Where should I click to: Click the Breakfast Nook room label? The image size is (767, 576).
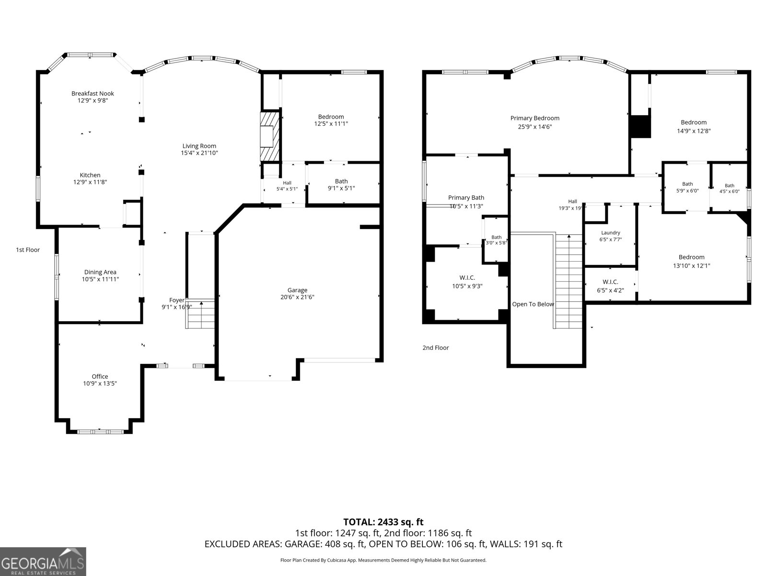(x=93, y=94)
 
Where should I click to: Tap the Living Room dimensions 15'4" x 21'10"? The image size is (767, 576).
(x=199, y=153)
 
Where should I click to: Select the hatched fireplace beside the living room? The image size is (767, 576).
(x=270, y=136)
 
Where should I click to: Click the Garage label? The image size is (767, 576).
(x=297, y=290)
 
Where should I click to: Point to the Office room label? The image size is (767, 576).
(x=100, y=376)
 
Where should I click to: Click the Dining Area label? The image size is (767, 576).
(x=100, y=272)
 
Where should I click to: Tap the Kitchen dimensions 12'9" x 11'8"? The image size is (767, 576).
(x=90, y=182)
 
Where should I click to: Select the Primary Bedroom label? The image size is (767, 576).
(x=535, y=118)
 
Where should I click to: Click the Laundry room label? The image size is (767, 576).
(x=610, y=233)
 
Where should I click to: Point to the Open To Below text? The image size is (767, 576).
(x=533, y=304)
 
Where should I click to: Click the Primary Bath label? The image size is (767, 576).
(x=466, y=198)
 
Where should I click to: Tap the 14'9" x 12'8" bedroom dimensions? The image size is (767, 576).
(x=694, y=131)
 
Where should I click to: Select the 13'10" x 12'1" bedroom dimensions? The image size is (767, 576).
(x=692, y=265)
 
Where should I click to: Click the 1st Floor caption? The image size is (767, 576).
(x=28, y=250)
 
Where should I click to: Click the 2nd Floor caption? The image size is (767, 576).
(x=435, y=348)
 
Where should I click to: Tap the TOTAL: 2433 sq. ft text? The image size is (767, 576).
(x=383, y=522)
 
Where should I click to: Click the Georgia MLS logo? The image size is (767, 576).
(x=43, y=562)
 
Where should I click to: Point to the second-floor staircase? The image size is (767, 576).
(x=569, y=282)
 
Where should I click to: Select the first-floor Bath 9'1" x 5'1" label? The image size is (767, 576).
(x=341, y=185)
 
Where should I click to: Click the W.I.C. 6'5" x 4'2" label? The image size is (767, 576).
(x=610, y=286)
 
